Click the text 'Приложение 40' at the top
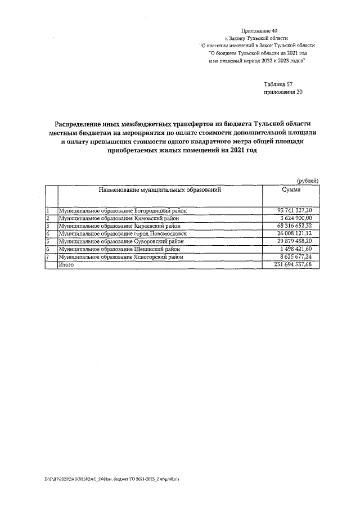coord(259,29)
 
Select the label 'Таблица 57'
coord(278,84)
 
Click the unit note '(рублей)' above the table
coord(308,180)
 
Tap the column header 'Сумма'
coord(290,190)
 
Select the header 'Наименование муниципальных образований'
coord(159,190)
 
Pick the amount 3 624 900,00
coord(294,218)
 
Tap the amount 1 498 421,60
coord(294,248)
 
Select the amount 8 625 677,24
coord(292,256)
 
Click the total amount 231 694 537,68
coord(289,264)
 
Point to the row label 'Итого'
coord(67,264)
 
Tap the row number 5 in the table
coord(48,241)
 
